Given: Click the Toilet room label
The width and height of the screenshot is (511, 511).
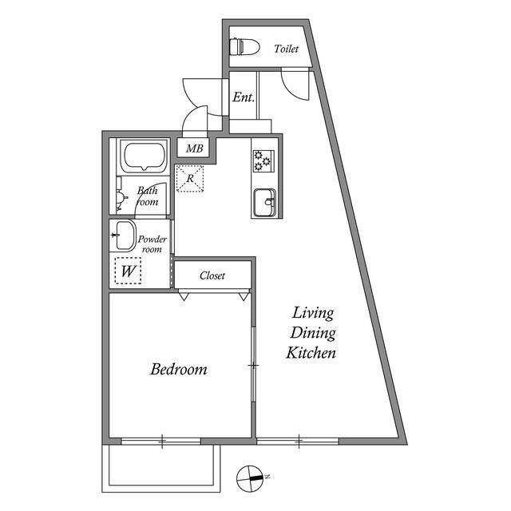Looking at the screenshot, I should tap(286, 49).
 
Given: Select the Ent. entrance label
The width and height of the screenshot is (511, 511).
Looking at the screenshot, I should tap(244, 97).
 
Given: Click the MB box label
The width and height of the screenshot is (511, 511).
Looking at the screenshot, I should tap(195, 149).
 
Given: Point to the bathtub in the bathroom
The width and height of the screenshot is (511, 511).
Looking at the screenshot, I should tap(144, 157).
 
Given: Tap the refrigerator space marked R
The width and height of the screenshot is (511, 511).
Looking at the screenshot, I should tap(190, 178).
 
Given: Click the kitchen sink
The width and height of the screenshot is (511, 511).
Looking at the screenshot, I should tap(263, 203).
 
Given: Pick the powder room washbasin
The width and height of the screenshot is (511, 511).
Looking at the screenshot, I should tap(125, 237).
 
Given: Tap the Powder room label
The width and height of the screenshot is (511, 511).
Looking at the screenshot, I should tap(152, 244).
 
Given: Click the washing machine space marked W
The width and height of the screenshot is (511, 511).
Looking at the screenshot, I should tap(127, 272).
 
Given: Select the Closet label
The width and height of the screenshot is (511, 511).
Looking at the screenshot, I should tap(212, 275).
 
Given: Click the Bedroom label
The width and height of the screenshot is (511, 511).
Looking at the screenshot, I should tap(179, 370).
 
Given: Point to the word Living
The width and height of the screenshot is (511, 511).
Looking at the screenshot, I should tap(311, 312).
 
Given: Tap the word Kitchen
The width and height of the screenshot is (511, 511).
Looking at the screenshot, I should tap(311, 353).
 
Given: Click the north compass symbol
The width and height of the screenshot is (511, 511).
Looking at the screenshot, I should tap(251, 477).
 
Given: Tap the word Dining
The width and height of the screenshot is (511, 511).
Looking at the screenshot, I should tap(311, 333).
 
